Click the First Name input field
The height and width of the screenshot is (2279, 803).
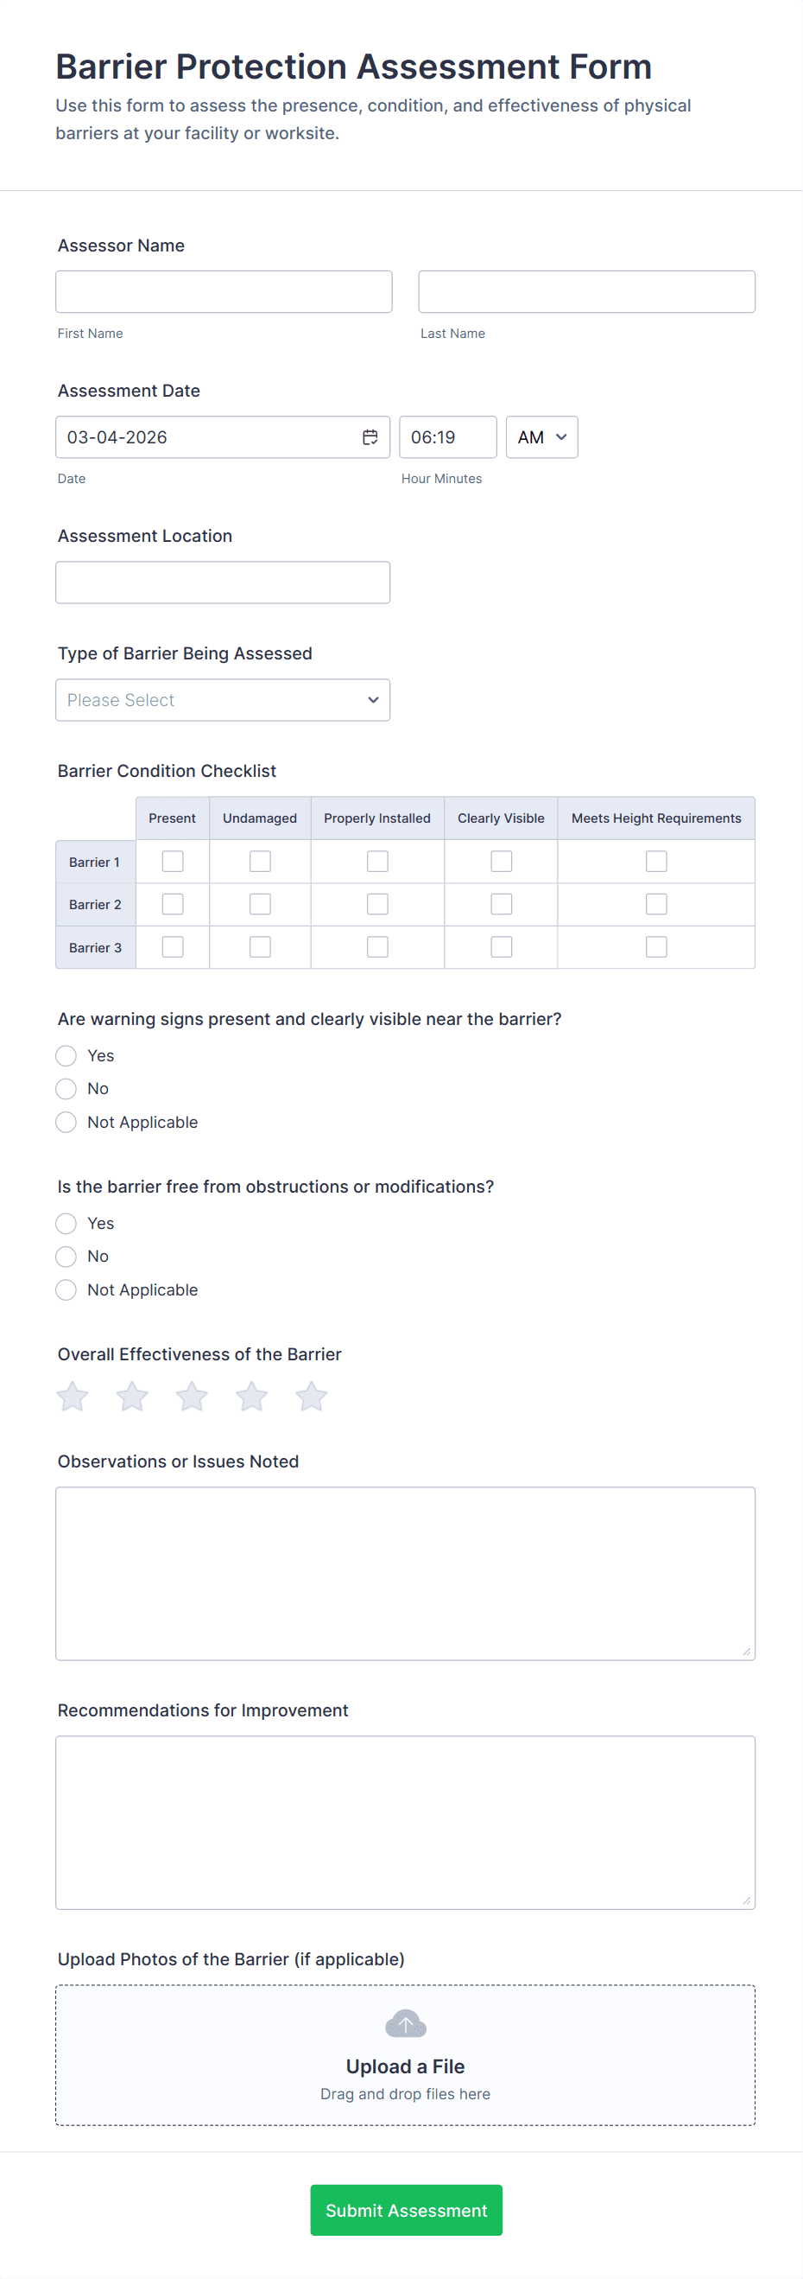pyautogui.click(x=223, y=292)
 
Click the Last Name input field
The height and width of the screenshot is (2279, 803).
pyautogui.click(x=586, y=292)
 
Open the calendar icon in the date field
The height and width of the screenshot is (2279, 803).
pyautogui.click(x=370, y=437)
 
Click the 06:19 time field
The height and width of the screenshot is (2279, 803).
pyautogui.click(x=447, y=437)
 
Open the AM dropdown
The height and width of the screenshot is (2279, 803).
pyautogui.click(x=541, y=437)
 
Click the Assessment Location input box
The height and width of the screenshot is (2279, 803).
pyautogui.click(x=223, y=582)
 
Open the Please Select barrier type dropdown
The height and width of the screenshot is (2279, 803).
pyautogui.click(x=223, y=700)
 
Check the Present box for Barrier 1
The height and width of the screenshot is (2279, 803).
pyautogui.click(x=173, y=862)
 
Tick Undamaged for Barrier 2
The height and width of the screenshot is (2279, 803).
pyautogui.click(x=260, y=904)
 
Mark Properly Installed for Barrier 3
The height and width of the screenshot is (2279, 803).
pyautogui.click(x=377, y=946)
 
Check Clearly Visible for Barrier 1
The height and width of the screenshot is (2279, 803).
pyautogui.click(x=502, y=862)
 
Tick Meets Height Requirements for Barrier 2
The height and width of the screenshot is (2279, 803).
pyautogui.click(x=656, y=904)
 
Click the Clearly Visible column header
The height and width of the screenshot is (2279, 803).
pyautogui.click(x=501, y=818)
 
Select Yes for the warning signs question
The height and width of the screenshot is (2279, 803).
pyautogui.click(x=66, y=1055)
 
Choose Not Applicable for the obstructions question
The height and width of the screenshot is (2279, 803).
pyautogui.click(x=66, y=1290)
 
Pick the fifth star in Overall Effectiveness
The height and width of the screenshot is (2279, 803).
pyautogui.click(x=312, y=1397)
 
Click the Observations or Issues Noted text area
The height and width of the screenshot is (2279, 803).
pyautogui.click(x=405, y=1573)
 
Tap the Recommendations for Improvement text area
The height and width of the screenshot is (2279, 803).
pyautogui.click(x=405, y=1822)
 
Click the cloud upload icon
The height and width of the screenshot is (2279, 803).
pyautogui.click(x=406, y=2023)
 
